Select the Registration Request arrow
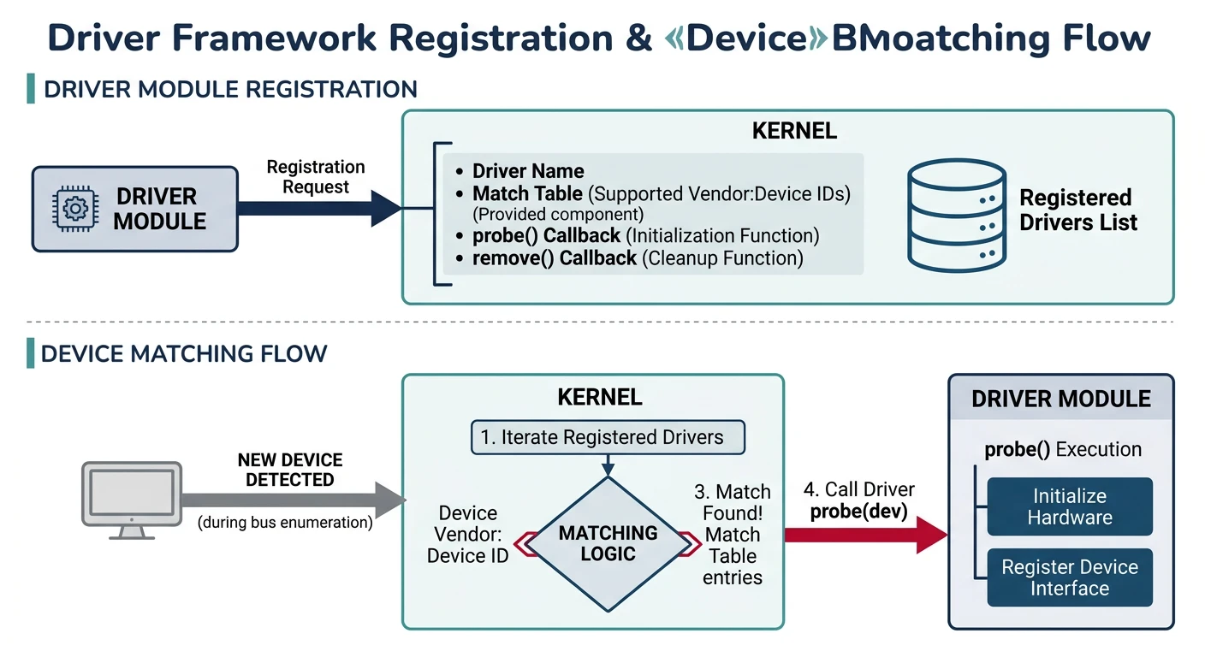pyautogui.click(x=317, y=208)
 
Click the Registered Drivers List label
pyautogui.click(x=1078, y=210)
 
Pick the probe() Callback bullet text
pyautogui.click(x=645, y=235)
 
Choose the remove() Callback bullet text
pyautogui.click(x=638, y=258)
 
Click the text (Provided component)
pyautogui.click(x=558, y=214)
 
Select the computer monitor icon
pyautogui.click(x=131, y=500)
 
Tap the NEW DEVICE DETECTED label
pyautogui.click(x=289, y=471)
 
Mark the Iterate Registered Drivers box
pyautogui.click(x=608, y=438)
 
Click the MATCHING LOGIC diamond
pyautogui.click(x=608, y=544)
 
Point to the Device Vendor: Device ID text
pyautogui.click(x=467, y=534)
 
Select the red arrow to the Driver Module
pyautogui.click(x=864, y=535)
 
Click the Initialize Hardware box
pyautogui.click(x=1070, y=506)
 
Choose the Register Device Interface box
pyautogui.click(x=1070, y=577)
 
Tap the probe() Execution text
pyautogui.click(x=1063, y=450)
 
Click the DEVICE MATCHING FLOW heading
pyautogui.click(x=184, y=354)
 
